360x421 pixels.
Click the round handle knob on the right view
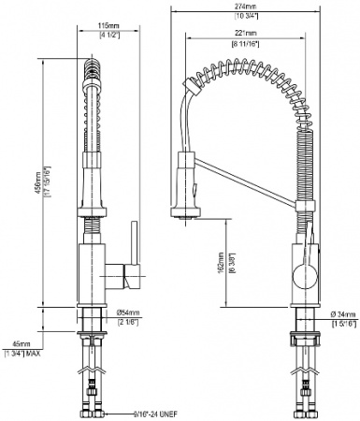298,275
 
